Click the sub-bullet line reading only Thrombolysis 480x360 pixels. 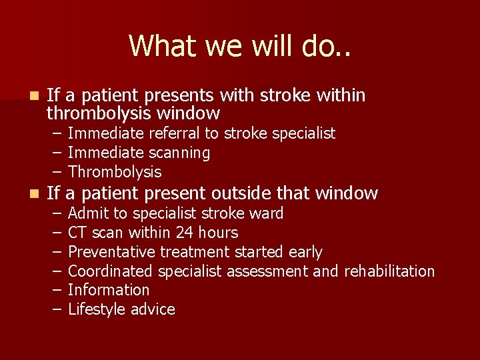[115, 172]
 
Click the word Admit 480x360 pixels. [87, 213]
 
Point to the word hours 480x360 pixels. [217, 233]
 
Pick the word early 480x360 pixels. [305, 252]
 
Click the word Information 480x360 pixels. [109, 290]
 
